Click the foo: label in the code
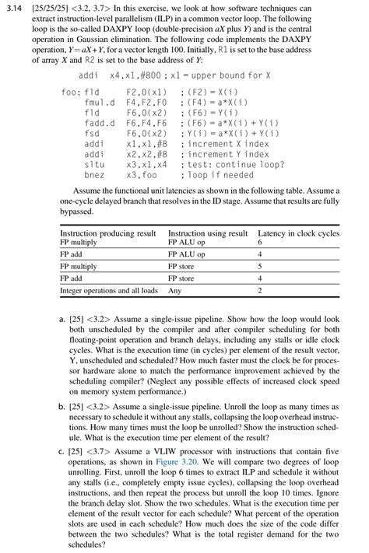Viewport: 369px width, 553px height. (x=70, y=91)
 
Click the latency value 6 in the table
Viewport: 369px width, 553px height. (x=259, y=242)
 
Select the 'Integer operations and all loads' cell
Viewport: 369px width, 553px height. (x=108, y=290)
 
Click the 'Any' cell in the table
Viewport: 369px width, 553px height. (x=175, y=290)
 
